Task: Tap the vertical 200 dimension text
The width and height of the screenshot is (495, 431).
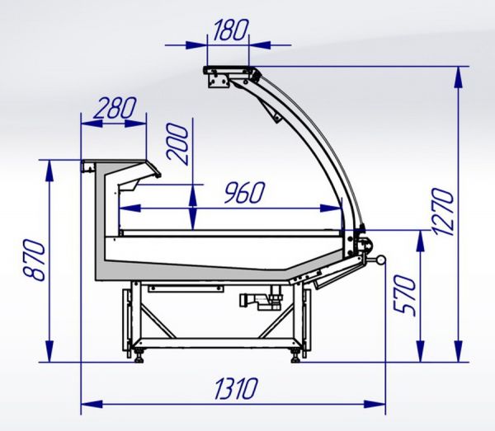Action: pyautogui.click(x=178, y=144)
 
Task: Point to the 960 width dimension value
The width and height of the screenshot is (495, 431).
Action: pyautogui.click(x=244, y=192)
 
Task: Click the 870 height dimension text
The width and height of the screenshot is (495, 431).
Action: pyautogui.click(x=35, y=260)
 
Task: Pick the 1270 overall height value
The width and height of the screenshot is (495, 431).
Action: pyautogui.click(x=443, y=212)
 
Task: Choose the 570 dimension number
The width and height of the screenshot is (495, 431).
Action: pyautogui.click(x=405, y=295)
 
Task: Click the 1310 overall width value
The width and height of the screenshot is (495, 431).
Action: pyautogui.click(x=236, y=388)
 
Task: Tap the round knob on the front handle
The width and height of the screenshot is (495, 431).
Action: pyautogui.click(x=380, y=260)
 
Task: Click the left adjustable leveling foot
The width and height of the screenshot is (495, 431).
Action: pyautogui.click(x=139, y=355)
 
